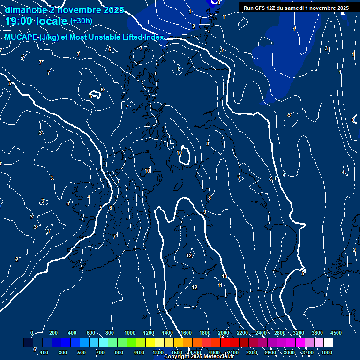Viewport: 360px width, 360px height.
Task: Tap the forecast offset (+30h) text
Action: [81, 21]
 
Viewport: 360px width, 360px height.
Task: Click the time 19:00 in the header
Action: [22, 21]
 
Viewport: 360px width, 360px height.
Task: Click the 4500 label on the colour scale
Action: [336, 333]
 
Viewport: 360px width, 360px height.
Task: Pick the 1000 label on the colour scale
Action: [130, 333]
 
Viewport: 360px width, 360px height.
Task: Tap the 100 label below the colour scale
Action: [45, 352]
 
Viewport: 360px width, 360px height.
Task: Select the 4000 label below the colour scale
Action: [327, 352]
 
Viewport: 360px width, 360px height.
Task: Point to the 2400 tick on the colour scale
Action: [261, 333]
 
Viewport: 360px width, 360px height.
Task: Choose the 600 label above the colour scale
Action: [91, 333]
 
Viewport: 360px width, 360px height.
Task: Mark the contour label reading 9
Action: [205, 212]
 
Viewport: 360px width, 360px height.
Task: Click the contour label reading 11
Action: [220, 285]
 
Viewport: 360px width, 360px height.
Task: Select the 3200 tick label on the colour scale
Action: [299, 333]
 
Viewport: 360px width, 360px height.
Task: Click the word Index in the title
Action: [152, 37]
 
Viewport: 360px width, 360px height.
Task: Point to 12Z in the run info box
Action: [272, 8]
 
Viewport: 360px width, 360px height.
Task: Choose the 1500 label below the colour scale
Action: [177, 352]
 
